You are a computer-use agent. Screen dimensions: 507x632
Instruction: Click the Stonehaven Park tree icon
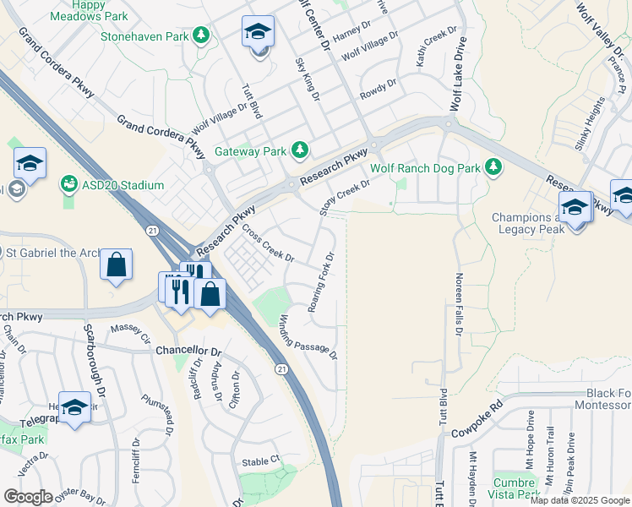coord(201,35)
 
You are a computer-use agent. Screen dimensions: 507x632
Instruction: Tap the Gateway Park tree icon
coord(299,150)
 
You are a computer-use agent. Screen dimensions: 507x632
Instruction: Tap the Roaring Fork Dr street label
coord(322,282)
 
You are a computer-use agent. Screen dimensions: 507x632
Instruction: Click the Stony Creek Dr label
coord(345,196)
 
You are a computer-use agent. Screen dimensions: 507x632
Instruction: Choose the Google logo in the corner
coord(27,497)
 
